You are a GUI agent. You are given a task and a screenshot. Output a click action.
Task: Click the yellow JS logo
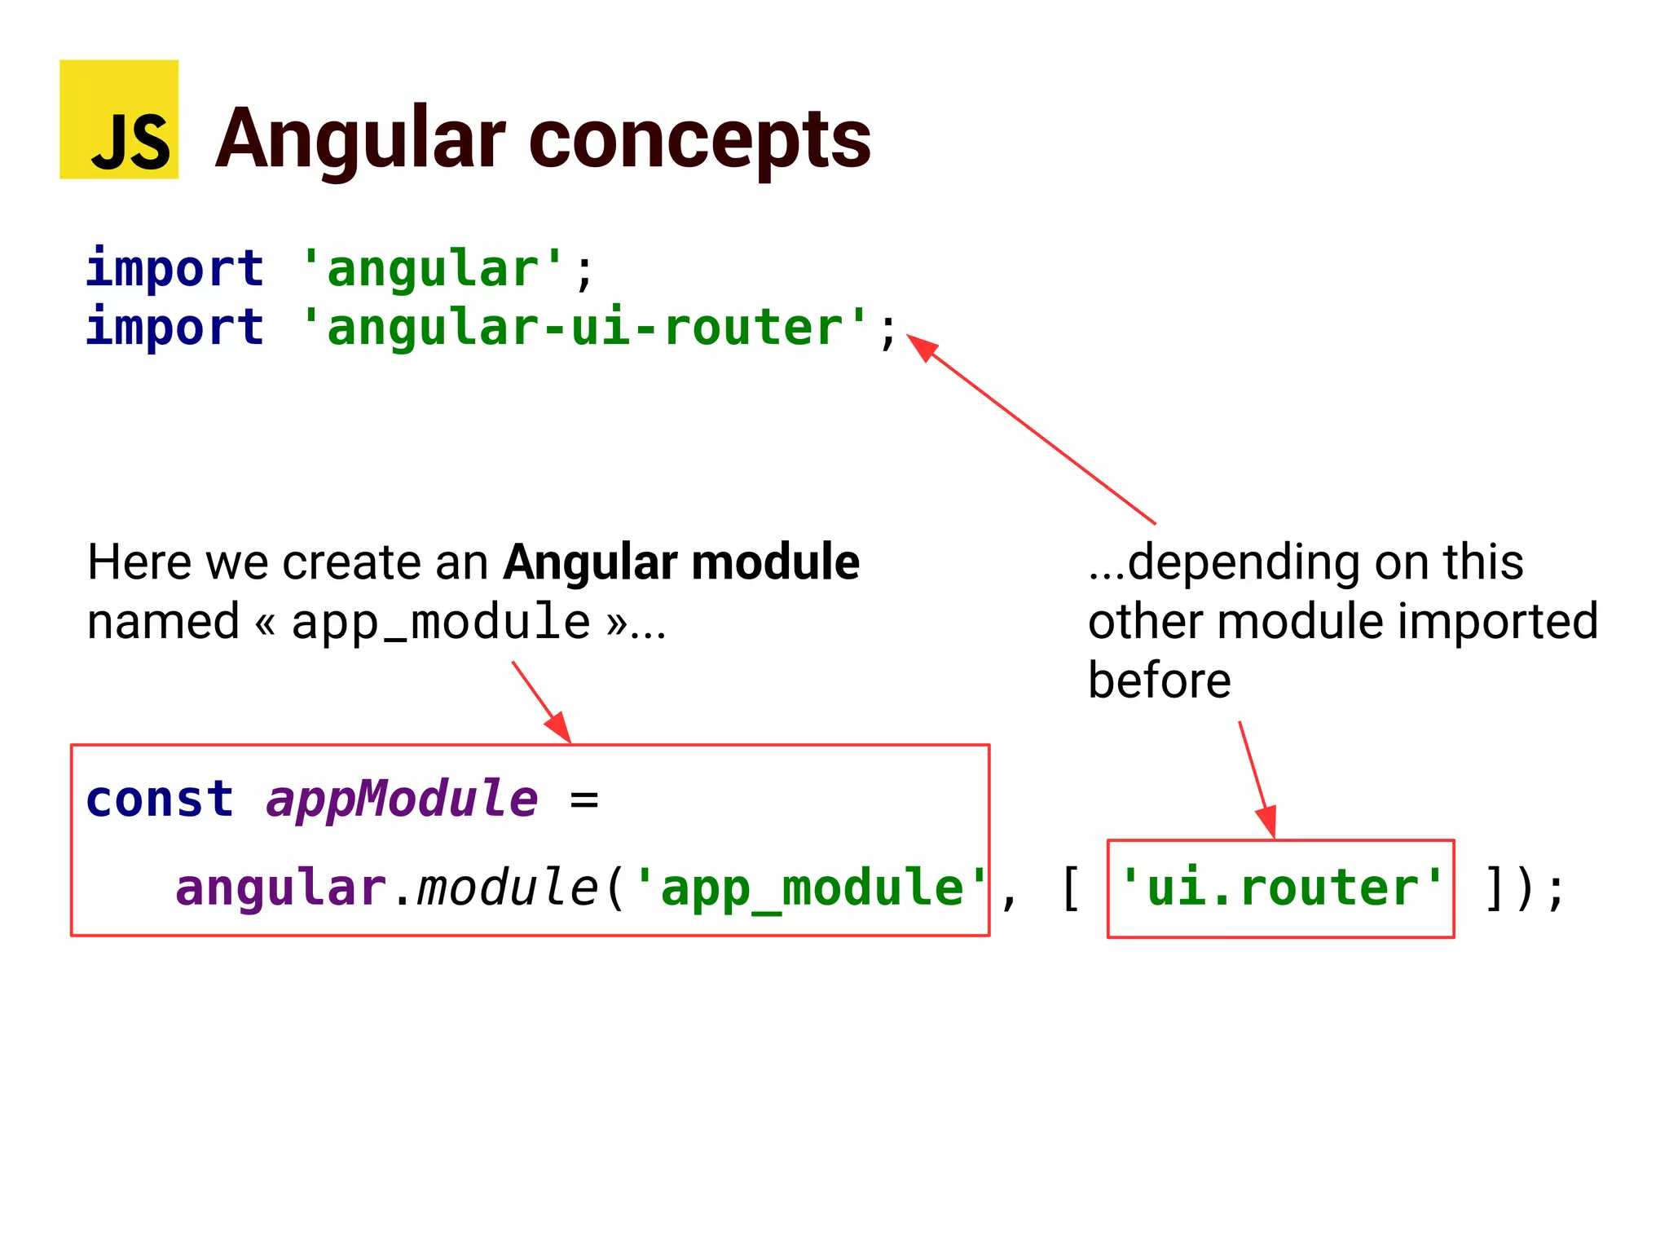(119, 120)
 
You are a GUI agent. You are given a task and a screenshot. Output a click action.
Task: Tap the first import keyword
(174, 268)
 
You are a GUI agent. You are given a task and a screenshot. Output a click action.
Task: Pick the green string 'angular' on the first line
(431, 269)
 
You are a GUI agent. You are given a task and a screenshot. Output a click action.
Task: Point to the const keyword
(160, 799)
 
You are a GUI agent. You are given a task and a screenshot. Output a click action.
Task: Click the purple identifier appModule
(402, 799)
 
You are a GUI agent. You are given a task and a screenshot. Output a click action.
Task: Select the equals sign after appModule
(583, 800)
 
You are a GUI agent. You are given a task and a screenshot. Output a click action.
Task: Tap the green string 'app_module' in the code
(811, 888)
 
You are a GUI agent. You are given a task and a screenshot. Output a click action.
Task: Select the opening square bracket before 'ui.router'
(1071, 888)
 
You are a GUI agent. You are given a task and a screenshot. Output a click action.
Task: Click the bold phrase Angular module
(680, 562)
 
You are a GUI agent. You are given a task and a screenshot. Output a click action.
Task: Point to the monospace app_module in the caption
(440, 623)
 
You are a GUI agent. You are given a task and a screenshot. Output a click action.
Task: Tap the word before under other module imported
(1159, 681)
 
